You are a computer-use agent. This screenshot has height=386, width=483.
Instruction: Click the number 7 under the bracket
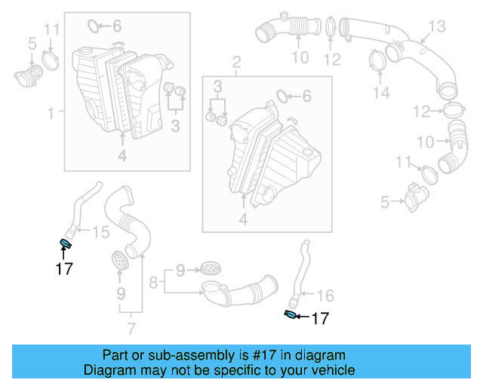131,328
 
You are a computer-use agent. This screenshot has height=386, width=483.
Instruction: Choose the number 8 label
153,283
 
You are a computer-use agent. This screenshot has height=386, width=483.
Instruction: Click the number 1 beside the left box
51,114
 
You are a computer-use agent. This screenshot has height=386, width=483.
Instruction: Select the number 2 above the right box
236,61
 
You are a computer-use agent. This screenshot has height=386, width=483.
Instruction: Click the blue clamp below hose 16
291,314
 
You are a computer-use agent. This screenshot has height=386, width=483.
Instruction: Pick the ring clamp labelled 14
376,61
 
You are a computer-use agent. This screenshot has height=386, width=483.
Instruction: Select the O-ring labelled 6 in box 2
281,96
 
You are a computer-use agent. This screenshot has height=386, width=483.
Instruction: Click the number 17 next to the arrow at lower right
320,319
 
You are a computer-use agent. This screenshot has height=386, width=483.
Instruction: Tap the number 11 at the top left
51,30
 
